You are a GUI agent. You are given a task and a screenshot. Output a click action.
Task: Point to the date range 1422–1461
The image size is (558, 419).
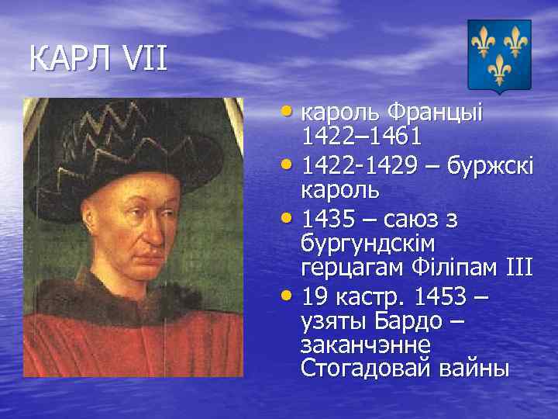tap(361, 137)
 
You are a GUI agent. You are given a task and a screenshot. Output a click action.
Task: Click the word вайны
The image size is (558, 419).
tap(472, 369)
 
